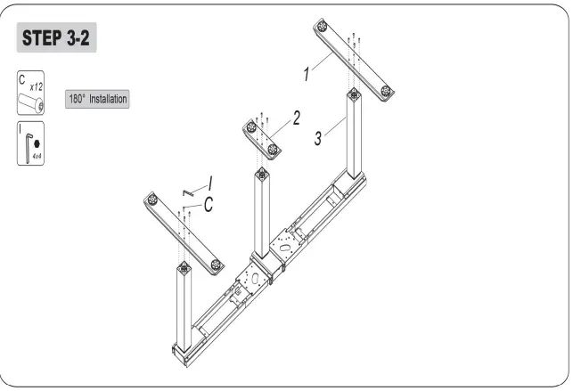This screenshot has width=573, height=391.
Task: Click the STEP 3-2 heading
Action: point(56,40)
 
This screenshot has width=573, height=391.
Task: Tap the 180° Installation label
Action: point(98,99)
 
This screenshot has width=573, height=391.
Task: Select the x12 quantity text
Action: point(37,86)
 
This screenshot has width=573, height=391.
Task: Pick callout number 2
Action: point(296,117)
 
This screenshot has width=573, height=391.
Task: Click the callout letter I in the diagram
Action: point(210,183)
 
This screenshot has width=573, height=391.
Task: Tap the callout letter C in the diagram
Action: point(207,203)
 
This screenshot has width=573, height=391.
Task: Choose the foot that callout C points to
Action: point(183,233)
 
